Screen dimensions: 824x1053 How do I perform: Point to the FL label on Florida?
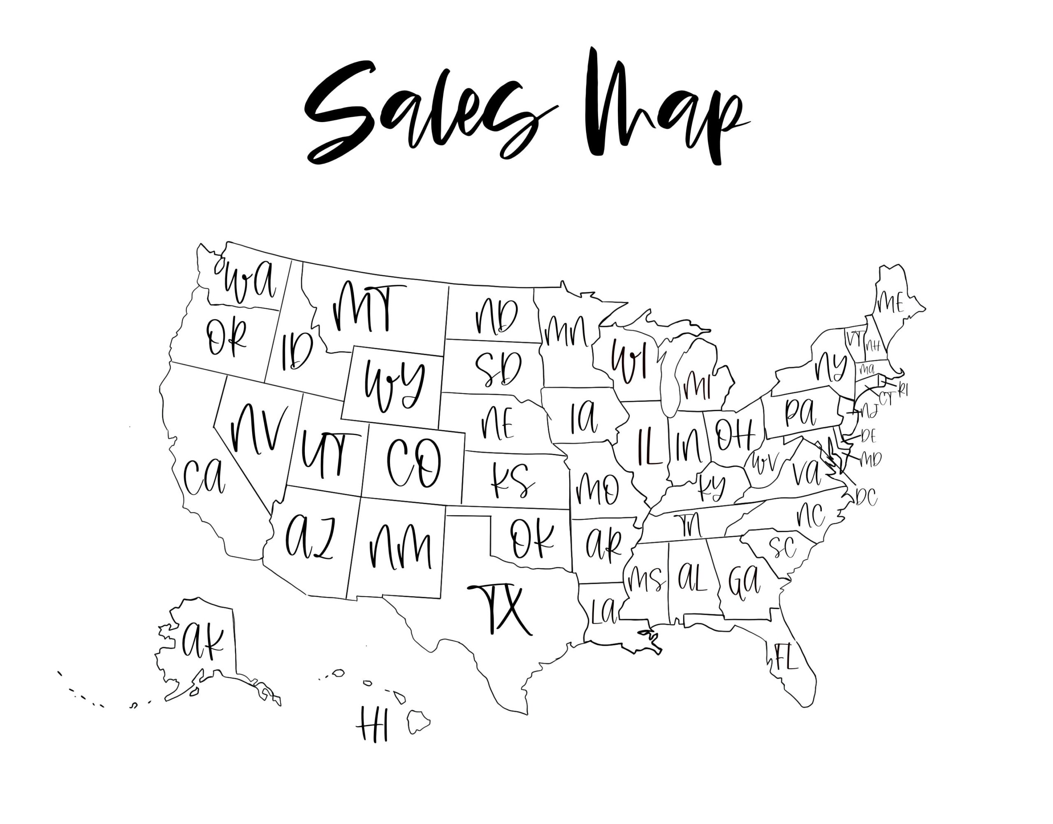pyautogui.click(x=786, y=657)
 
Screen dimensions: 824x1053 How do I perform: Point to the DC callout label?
pyautogui.click(x=867, y=497)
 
